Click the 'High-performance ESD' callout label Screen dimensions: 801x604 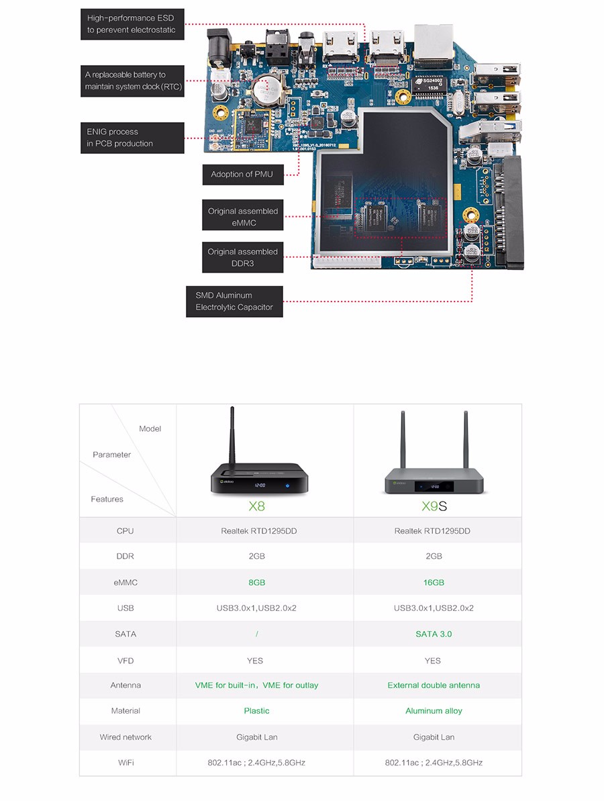(132, 24)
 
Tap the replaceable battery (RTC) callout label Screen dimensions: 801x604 (132, 81)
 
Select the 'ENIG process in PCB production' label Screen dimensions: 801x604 (132, 138)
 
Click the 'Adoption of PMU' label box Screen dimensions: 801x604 (242, 175)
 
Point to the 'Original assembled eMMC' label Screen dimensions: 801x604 (242, 217)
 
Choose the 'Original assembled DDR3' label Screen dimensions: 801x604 (242, 257)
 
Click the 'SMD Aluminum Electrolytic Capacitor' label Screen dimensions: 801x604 (234, 301)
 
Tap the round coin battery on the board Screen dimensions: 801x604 (268, 87)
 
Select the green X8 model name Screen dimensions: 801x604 (256, 505)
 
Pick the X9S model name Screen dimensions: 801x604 (434, 505)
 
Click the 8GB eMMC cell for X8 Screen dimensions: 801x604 (256, 582)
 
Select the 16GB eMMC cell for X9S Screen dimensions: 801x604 (434, 582)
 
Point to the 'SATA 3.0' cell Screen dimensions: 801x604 (434, 634)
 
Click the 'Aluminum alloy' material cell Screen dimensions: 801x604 (434, 710)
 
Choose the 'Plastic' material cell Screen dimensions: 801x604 (256, 710)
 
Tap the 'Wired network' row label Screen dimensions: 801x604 (125, 737)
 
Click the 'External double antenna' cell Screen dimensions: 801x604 (434, 685)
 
